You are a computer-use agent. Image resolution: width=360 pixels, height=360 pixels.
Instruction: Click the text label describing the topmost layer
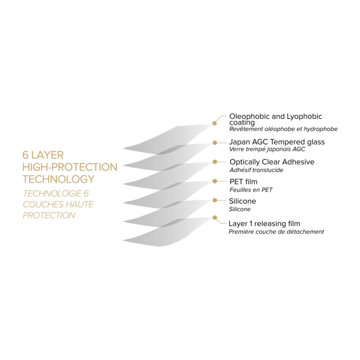(x=282, y=120)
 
